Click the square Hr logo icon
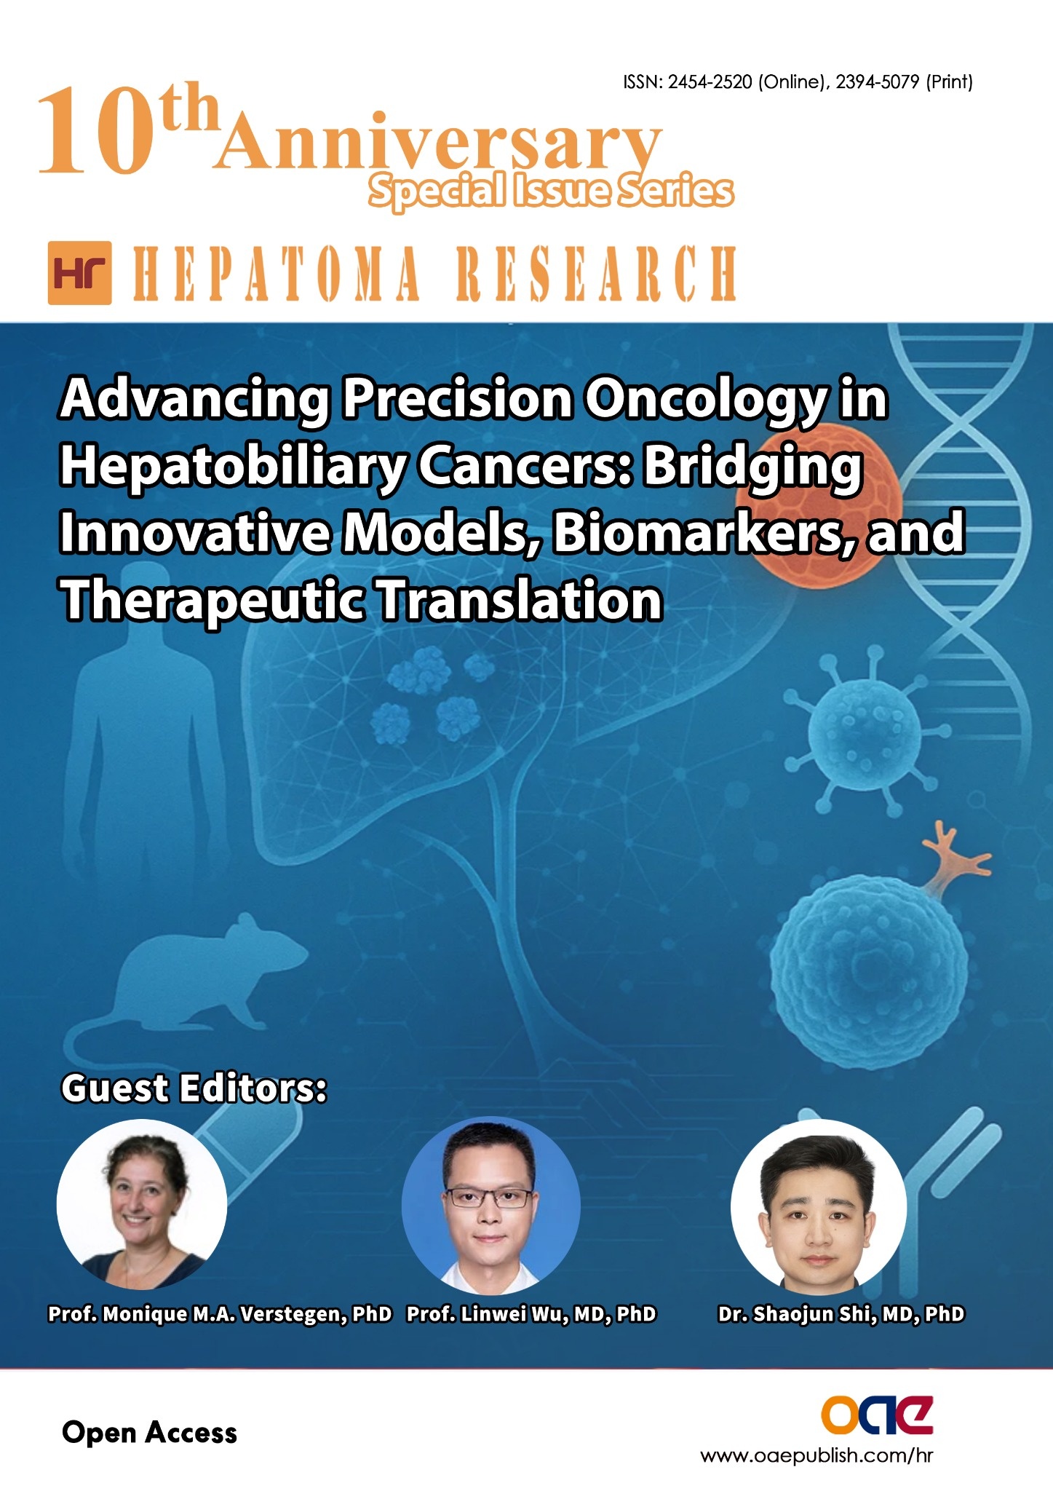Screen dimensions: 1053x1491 (x=79, y=273)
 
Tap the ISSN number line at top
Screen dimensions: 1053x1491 (x=798, y=82)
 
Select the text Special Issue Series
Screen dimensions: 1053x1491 (x=551, y=191)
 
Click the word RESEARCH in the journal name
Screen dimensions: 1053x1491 (x=596, y=273)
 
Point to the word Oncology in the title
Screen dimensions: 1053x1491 (x=707, y=400)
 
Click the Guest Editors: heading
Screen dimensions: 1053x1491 (x=194, y=1088)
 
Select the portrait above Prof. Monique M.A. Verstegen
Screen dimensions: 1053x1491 (x=142, y=1205)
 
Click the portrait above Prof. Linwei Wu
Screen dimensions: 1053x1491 (x=490, y=1205)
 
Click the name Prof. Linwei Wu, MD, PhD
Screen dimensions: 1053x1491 (x=531, y=1314)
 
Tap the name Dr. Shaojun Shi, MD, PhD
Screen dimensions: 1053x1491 (x=841, y=1314)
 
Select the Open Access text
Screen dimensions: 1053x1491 (x=149, y=1433)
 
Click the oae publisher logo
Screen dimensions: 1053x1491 (x=878, y=1415)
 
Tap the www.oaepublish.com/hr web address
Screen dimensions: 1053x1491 (x=816, y=1455)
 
